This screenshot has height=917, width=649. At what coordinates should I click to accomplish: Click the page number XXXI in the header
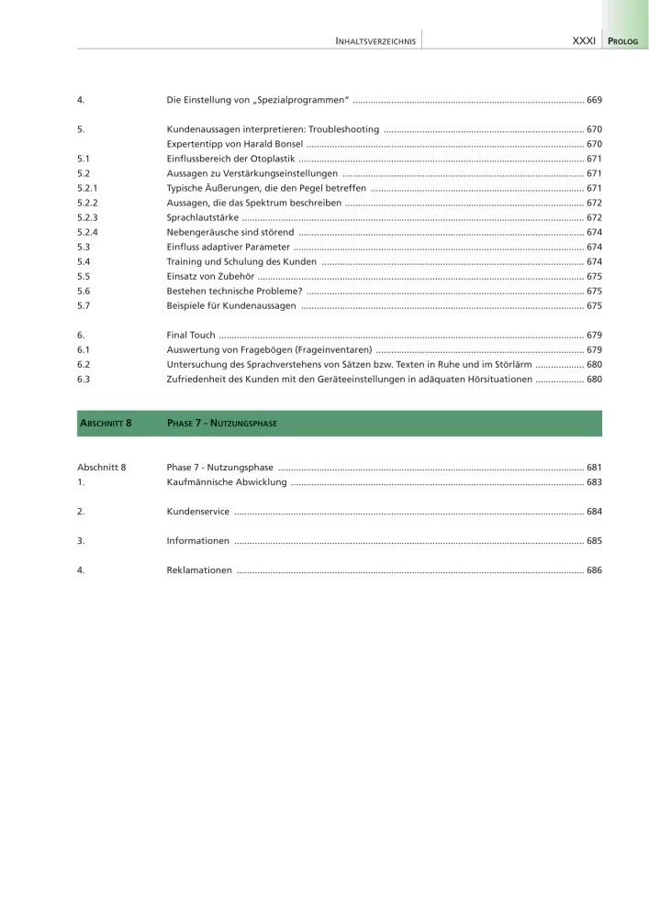click(583, 41)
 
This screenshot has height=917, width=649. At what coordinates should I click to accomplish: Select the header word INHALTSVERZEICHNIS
click(376, 41)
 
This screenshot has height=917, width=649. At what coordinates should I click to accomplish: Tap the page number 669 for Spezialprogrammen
click(594, 99)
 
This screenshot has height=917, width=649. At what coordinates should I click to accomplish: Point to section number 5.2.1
click(88, 188)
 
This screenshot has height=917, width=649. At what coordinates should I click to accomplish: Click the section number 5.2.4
click(88, 232)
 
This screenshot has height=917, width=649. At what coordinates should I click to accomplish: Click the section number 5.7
click(84, 305)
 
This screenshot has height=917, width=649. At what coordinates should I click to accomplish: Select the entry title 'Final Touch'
click(191, 335)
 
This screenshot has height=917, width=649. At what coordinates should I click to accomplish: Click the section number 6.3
click(84, 379)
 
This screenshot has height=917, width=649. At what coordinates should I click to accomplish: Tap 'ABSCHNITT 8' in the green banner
click(106, 424)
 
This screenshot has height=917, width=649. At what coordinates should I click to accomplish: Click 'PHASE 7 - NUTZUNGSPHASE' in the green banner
click(221, 424)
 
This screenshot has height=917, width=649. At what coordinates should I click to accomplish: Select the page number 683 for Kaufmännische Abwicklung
click(594, 481)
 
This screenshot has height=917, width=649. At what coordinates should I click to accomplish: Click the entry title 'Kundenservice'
click(198, 511)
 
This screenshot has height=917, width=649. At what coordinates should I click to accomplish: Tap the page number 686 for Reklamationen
click(594, 569)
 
